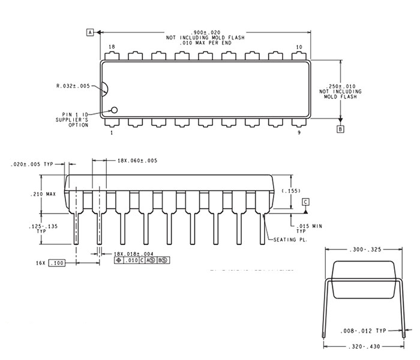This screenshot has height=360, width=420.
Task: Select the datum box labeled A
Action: (91, 32)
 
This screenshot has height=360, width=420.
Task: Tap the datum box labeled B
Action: (341, 129)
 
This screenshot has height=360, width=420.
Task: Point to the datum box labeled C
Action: (305, 202)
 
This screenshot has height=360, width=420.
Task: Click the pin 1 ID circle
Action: (114, 110)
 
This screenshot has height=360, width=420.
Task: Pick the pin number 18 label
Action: (112, 47)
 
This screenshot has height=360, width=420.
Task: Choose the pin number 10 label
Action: (299, 47)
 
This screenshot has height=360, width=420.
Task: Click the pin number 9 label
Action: (299, 133)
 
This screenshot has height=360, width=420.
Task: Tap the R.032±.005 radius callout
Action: (73, 86)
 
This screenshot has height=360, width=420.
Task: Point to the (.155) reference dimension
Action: (290, 190)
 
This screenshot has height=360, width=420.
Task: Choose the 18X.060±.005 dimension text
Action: (137, 160)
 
